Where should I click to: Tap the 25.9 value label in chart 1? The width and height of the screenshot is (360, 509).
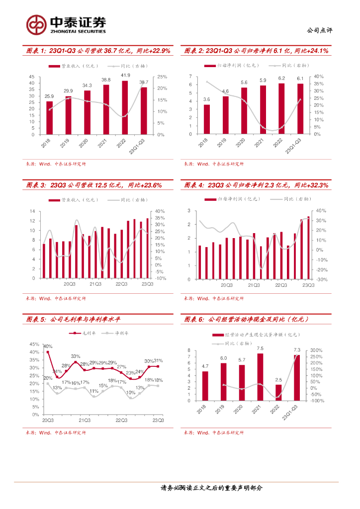49,96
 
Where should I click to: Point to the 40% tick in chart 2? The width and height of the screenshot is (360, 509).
319,77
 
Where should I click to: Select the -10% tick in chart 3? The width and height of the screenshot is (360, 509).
161,279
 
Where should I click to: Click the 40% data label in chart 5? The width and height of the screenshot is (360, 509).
48,346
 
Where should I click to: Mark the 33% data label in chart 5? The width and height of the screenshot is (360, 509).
75,356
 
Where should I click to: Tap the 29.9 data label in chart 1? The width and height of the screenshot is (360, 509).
68,90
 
